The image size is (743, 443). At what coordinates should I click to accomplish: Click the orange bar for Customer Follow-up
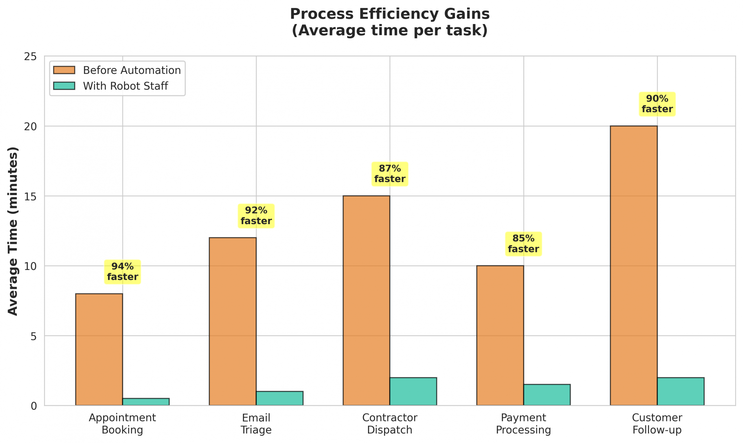click(634, 265)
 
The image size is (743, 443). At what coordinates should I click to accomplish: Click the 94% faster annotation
click(122, 272)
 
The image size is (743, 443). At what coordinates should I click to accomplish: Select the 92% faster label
click(256, 216)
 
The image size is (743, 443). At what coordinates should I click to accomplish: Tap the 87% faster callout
click(389, 174)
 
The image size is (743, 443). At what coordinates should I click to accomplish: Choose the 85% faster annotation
click(523, 244)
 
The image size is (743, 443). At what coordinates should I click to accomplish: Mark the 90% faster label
click(657, 104)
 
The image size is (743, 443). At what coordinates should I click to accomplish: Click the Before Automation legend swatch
click(64, 70)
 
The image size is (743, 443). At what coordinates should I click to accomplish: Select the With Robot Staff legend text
click(125, 86)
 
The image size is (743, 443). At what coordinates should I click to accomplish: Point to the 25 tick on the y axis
click(30, 57)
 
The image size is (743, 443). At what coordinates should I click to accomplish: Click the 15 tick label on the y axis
click(30, 197)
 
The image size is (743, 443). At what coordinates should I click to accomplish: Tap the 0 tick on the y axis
click(33, 406)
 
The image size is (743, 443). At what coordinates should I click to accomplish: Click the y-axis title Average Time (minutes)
click(13, 231)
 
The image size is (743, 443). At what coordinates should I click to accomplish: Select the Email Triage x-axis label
click(256, 424)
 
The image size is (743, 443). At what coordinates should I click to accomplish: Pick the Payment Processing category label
click(523, 424)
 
